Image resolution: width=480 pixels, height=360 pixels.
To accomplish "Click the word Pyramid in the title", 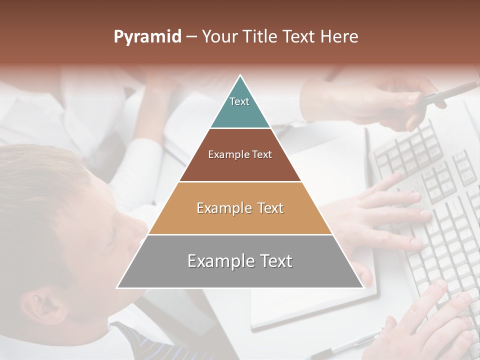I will tap(147, 37).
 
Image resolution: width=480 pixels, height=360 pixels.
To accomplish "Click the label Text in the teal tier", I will tap(239, 101).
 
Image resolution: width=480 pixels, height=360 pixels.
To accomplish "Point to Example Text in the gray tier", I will tap(240, 261).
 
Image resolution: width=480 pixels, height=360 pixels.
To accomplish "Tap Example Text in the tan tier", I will tap(240, 208).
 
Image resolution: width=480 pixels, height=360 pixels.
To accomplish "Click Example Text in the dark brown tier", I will tap(240, 154).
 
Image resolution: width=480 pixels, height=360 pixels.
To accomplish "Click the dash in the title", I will tap(191, 37).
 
